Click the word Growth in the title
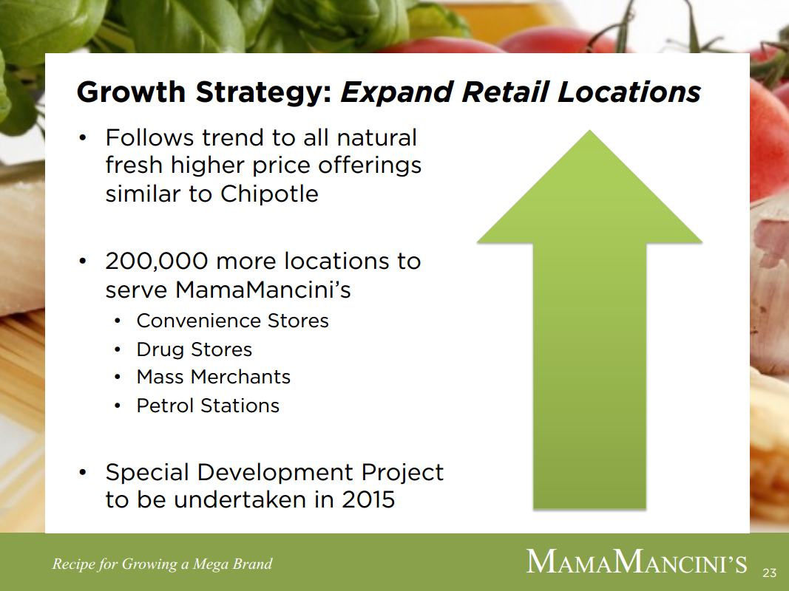pyautogui.click(x=132, y=92)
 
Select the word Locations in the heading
pyautogui.click(x=629, y=92)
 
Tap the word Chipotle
pyautogui.click(x=269, y=194)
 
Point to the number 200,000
pyautogui.click(x=157, y=262)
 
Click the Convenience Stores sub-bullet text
pyautogui.click(x=232, y=321)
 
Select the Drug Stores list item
pyautogui.click(x=194, y=349)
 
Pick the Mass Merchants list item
pyautogui.click(x=214, y=377)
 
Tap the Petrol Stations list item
pyautogui.click(x=208, y=406)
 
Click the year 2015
pyautogui.click(x=368, y=499)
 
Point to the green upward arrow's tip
pyautogui.click(x=589, y=131)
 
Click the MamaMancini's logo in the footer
pyautogui.click(x=637, y=561)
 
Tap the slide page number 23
pyautogui.click(x=769, y=573)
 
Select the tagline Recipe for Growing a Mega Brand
pyautogui.click(x=162, y=564)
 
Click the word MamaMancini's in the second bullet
pyautogui.click(x=263, y=290)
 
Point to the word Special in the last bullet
pyautogui.click(x=146, y=473)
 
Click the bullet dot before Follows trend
pyautogui.click(x=84, y=137)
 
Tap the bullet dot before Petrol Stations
pyautogui.click(x=118, y=406)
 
